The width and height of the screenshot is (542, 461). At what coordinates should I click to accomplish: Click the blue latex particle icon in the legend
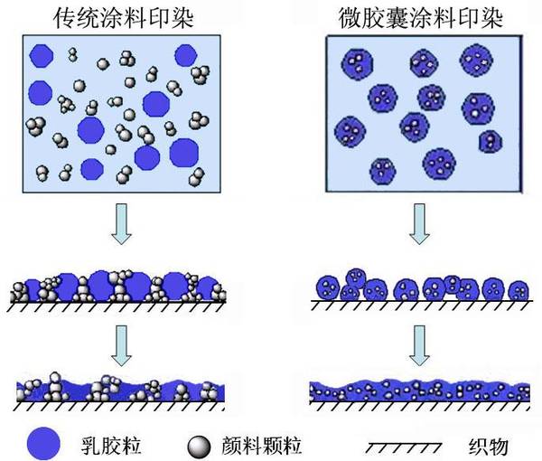[x=44, y=443]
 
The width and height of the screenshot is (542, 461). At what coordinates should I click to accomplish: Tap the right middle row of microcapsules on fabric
[x=419, y=288]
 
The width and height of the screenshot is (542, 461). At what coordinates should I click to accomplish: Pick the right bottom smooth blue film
[x=420, y=390]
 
